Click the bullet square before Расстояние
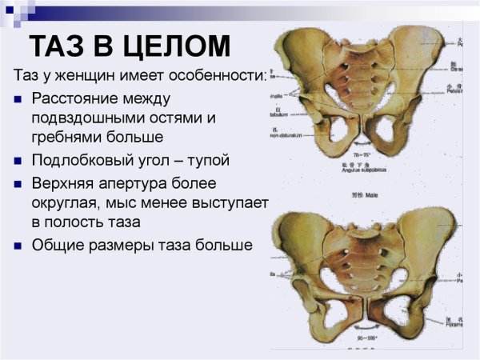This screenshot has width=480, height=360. coord(18,99)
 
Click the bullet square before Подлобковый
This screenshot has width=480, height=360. coord(18,161)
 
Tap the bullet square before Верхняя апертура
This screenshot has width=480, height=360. coord(18,184)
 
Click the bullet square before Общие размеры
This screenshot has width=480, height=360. coord(18,246)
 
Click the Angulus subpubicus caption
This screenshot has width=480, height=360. coord(366,170)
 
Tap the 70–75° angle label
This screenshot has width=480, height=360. coord(365,162)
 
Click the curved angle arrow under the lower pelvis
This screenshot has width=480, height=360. coord(367,328)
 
